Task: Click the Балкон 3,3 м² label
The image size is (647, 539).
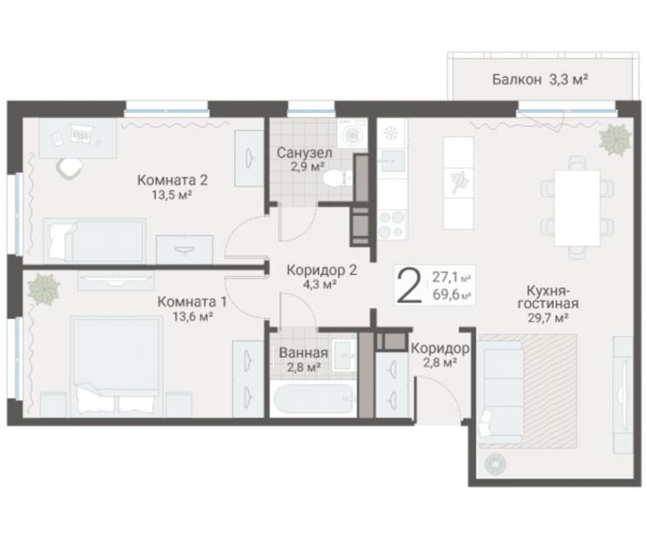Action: point(539,79)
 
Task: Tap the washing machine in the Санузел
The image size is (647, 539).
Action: point(352,133)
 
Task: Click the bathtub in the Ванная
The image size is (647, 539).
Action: point(313,398)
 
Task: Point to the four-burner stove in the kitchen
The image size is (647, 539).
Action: point(392,224)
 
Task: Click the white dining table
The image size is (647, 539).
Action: point(577,208)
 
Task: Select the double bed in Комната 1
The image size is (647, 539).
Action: point(115,366)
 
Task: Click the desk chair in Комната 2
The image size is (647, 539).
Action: point(69,168)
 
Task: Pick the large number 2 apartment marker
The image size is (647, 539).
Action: point(409,286)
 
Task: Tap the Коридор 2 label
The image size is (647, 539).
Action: point(322,270)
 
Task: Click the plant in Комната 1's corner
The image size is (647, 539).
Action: point(44,288)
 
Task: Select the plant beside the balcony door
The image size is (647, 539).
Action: point(615,139)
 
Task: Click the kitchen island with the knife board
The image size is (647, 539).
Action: point(458,183)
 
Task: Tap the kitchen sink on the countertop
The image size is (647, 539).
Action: point(393,160)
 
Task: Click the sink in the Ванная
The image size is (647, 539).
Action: point(344,355)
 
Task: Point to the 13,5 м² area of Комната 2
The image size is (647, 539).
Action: point(172,195)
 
